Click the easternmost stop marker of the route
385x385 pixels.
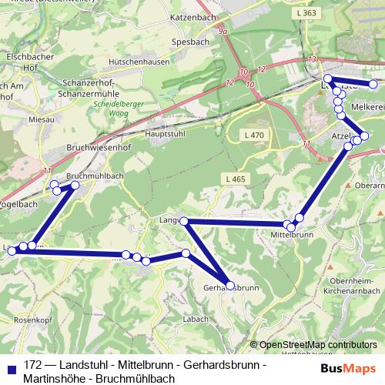[x=373, y=84]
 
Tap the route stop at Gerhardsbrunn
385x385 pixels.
[x=229, y=286]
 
